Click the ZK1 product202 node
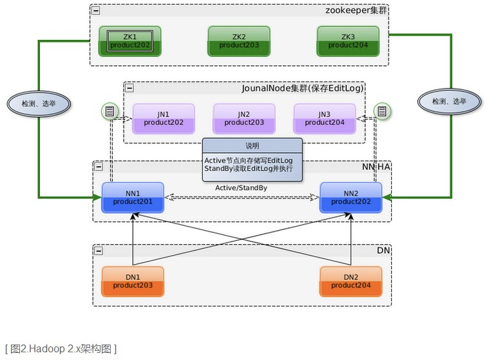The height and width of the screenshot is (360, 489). pyautogui.click(x=129, y=41)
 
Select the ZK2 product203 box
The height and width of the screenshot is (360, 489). pyautogui.click(x=238, y=41)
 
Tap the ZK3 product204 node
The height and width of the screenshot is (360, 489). pyautogui.click(x=347, y=41)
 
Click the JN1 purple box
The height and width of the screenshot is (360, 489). pyautogui.click(x=164, y=118)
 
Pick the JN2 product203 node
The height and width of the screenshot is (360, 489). pyautogui.click(x=244, y=118)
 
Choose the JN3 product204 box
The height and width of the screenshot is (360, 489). pyautogui.click(x=325, y=118)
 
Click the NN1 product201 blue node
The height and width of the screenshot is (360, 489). pyautogui.click(x=133, y=198)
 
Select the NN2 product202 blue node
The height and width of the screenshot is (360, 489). pyautogui.click(x=351, y=198)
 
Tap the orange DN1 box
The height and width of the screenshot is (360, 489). pyautogui.click(x=133, y=281)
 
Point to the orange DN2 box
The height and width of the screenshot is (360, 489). pyautogui.click(x=351, y=281)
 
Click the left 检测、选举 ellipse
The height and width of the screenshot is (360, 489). pyautogui.click(x=39, y=103)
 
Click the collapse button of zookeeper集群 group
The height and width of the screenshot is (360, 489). pyautogui.click(x=96, y=11)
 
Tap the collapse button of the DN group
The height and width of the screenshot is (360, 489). pyautogui.click(x=99, y=250)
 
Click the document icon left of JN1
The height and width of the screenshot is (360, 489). pyautogui.click(x=110, y=112)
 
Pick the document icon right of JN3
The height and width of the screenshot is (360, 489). pyautogui.click(x=382, y=112)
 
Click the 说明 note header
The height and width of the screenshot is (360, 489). pyautogui.click(x=252, y=146)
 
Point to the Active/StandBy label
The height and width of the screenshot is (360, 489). pyautogui.click(x=241, y=188)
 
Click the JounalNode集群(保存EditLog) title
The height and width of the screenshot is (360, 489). pyautogui.click(x=302, y=88)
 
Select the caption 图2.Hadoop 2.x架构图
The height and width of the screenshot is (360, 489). pyautogui.click(x=61, y=348)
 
